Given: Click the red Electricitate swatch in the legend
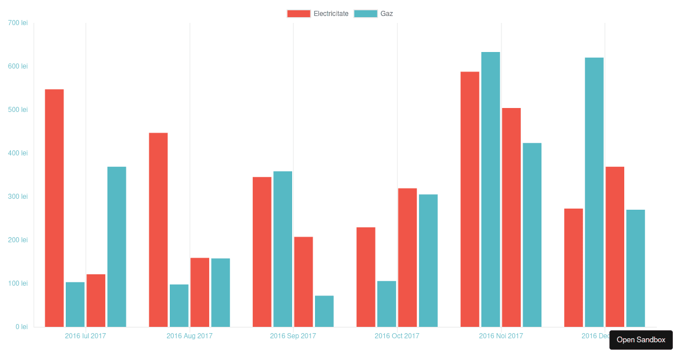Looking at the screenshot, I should pos(298,14).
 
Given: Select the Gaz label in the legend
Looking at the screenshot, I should pos(386,14).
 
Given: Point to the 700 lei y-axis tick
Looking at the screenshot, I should pos(18,23).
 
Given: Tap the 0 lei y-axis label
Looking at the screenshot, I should pos(21,327).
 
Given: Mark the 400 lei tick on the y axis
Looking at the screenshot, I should pos(18,153).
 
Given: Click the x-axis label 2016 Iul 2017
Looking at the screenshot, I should pos(85,336).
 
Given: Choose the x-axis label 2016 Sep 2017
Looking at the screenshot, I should pos(293,336).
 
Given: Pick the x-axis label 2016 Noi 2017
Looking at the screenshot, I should pos(501,336).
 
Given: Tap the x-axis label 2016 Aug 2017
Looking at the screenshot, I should pos(189,336).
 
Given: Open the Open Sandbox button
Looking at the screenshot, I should pos(641,340).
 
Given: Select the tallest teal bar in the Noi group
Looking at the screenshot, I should pos(490,189).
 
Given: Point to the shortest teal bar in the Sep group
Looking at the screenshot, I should pos(324,311).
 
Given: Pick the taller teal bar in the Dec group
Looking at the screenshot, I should pos(594,192).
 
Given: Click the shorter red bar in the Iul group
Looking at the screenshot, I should pos(96,301).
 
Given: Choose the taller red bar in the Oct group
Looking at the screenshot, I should pos(408,258).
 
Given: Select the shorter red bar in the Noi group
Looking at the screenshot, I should pos(512,217).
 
